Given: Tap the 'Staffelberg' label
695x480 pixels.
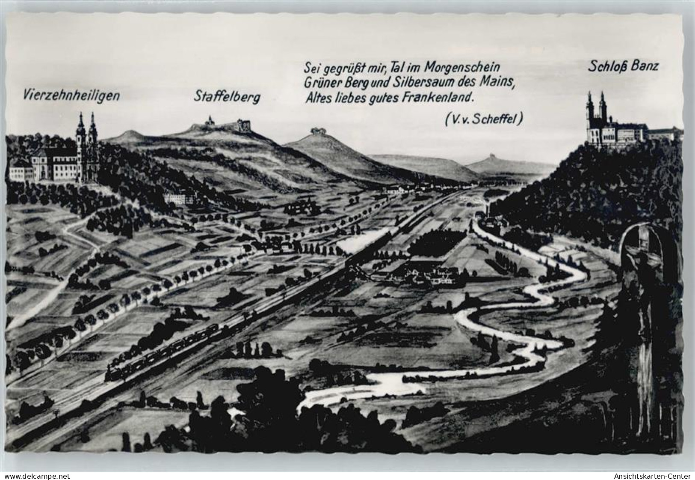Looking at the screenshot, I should (x=227, y=97).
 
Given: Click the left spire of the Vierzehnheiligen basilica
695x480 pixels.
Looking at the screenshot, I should (x=80, y=128).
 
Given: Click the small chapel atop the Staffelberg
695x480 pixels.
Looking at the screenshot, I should (x=210, y=121).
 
